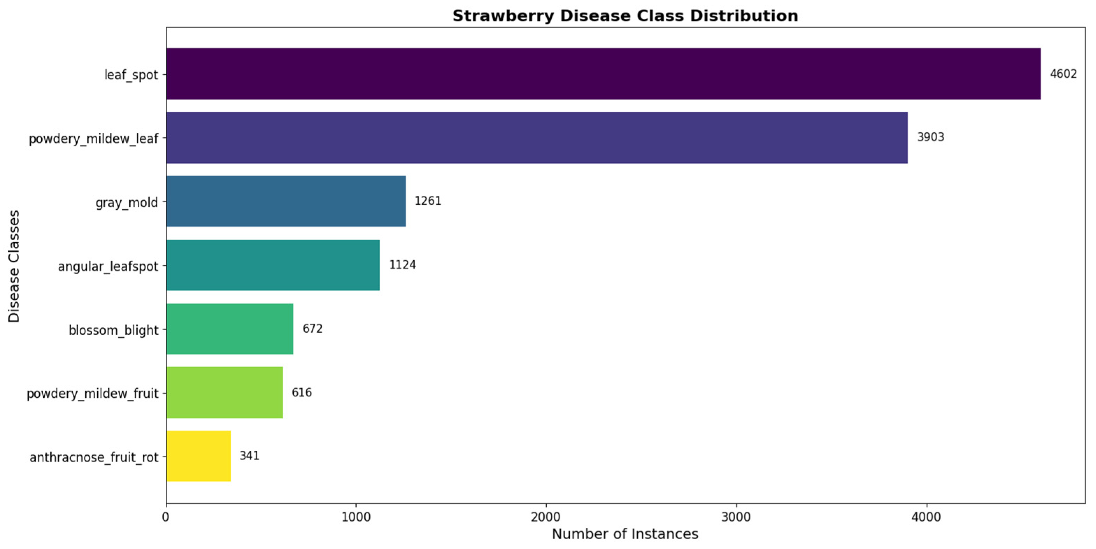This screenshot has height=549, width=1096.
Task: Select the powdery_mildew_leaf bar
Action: tap(537, 137)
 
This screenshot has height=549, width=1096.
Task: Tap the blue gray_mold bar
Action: tap(286, 201)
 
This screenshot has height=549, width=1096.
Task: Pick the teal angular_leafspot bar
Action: tap(273, 265)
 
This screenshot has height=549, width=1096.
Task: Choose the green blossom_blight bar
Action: tap(230, 329)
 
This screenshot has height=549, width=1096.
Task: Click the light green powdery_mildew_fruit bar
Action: tap(225, 392)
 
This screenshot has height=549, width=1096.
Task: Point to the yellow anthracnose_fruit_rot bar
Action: tap(198, 456)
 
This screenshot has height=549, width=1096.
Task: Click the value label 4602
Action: tap(1063, 74)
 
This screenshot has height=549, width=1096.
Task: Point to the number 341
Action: tap(249, 456)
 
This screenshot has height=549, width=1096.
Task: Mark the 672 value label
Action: tap(312, 329)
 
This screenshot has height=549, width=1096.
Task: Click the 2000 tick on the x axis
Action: tap(546, 517)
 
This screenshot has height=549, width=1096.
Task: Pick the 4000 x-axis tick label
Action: tap(926, 517)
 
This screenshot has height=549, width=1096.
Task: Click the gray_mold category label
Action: tap(127, 203)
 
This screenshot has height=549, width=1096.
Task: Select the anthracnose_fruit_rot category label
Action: tap(94, 457)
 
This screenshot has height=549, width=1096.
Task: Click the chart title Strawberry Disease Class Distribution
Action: tap(625, 16)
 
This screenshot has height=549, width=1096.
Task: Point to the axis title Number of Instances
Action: tap(625, 534)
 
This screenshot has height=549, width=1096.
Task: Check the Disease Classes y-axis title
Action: tap(14, 266)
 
